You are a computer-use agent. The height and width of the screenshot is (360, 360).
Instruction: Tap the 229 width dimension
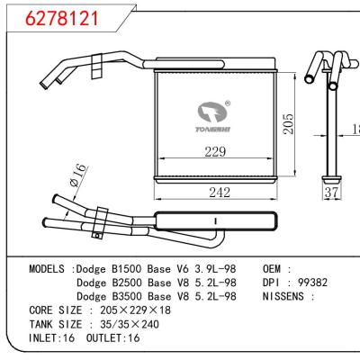pos(214,153)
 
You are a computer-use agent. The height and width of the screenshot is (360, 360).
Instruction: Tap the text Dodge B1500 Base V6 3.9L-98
pos(157,269)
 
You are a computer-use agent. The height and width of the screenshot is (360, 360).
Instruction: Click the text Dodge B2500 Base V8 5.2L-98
pos(157,282)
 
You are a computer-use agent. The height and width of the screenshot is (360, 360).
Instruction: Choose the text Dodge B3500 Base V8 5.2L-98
pos(157,295)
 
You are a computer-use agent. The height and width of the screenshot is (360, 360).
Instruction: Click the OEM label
pos(276,269)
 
